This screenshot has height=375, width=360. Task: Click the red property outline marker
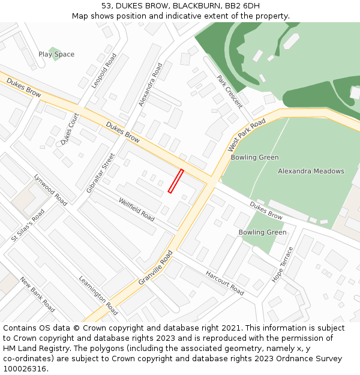(x=176, y=181)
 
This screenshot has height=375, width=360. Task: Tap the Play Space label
(x=56, y=55)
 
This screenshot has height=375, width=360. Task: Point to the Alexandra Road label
(x=151, y=85)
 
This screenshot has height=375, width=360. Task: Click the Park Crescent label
(x=229, y=92)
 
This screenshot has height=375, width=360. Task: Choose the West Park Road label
(x=247, y=135)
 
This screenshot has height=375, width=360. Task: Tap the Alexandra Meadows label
(x=311, y=171)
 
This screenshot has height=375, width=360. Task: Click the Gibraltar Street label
(x=100, y=172)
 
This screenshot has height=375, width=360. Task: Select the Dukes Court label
(x=70, y=129)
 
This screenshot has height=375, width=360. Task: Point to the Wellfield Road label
(x=136, y=209)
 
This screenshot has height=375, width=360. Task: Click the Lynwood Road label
(x=50, y=190)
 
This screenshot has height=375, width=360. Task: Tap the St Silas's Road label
(x=28, y=226)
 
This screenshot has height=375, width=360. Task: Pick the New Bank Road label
(x=37, y=294)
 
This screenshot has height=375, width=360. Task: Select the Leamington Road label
(x=98, y=295)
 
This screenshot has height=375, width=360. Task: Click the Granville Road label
(x=155, y=268)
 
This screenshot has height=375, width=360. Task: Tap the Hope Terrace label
(x=281, y=264)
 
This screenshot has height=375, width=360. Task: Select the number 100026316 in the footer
(x=25, y=369)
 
